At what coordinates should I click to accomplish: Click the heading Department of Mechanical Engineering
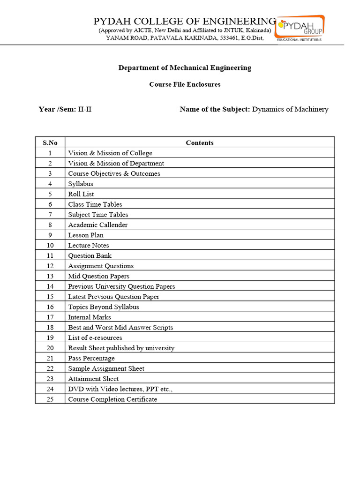click(x=185, y=67)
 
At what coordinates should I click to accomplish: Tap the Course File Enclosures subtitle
click(x=185, y=84)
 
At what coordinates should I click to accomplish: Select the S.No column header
click(x=50, y=142)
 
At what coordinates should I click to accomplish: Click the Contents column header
click(x=200, y=142)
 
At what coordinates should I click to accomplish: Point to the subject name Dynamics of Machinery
click(x=290, y=109)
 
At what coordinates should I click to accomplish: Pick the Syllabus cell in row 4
click(x=81, y=184)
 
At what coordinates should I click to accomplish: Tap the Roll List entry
click(x=81, y=194)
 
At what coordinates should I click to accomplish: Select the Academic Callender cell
click(x=97, y=225)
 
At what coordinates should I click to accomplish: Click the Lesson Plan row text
click(x=86, y=235)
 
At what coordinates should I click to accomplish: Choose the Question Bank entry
click(x=90, y=255)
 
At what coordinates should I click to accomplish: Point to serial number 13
click(x=50, y=276)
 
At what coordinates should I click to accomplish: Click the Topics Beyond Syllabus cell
click(x=103, y=307)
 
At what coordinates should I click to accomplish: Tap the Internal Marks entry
click(x=90, y=317)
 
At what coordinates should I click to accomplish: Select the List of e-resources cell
click(x=95, y=337)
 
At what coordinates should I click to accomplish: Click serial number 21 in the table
click(x=50, y=358)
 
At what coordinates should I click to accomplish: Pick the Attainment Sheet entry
click(x=93, y=379)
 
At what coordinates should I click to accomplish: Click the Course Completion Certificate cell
click(x=112, y=399)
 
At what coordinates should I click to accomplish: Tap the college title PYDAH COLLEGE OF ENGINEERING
click(x=185, y=21)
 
